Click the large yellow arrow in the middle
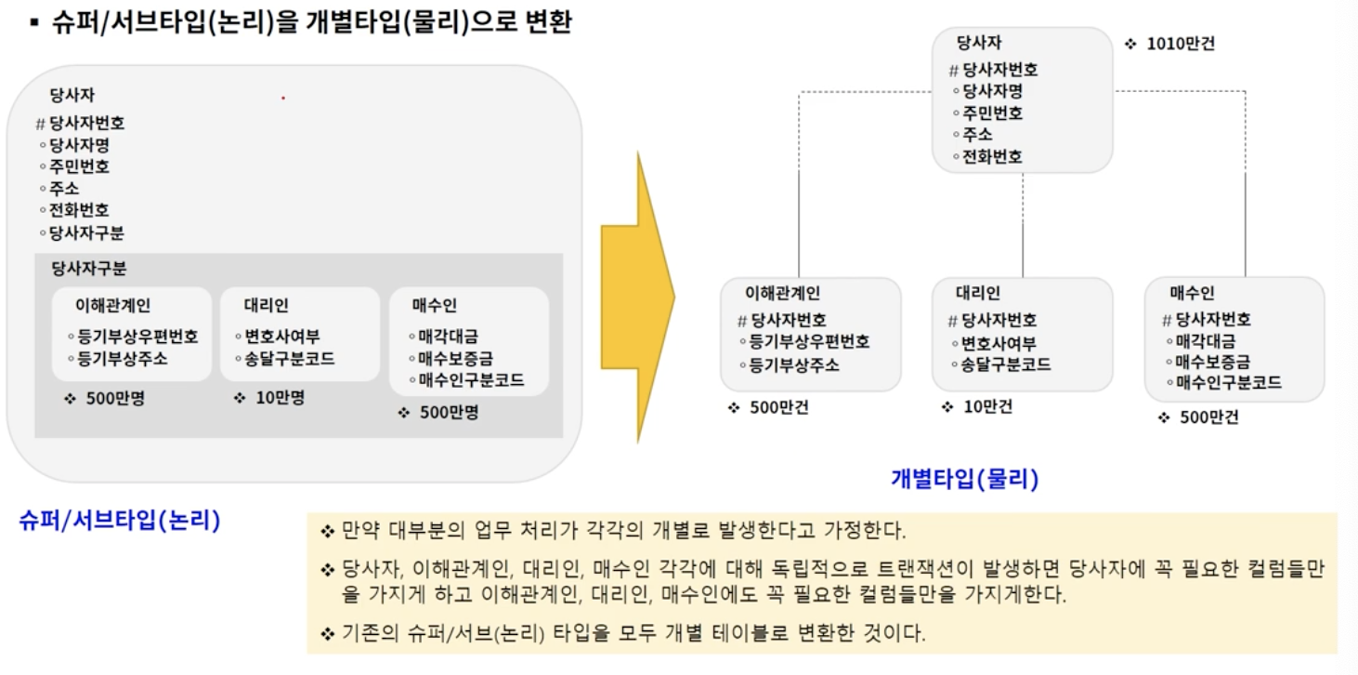pyautogui.click(x=637, y=298)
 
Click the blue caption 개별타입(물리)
pyautogui.click(x=963, y=480)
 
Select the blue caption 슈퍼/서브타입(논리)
pyautogui.click(x=119, y=521)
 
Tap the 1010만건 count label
pyautogui.click(x=1180, y=44)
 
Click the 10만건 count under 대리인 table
pyautogui.click(x=986, y=406)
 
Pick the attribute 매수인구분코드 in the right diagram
pyautogui.click(x=1228, y=382)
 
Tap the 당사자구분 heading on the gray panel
pyautogui.click(x=89, y=270)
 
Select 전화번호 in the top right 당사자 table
pyautogui.click(x=992, y=157)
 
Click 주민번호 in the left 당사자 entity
pyautogui.click(x=79, y=167)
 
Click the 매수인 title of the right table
pyautogui.click(x=1192, y=294)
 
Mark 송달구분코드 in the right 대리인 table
pyautogui.click(x=1006, y=364)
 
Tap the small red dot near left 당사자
pyautogui.click(x=283, y=98)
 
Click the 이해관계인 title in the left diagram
pyautogui.click(x=113, y=305)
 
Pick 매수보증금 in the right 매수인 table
pyautogui.click(x=1212, y=361)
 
